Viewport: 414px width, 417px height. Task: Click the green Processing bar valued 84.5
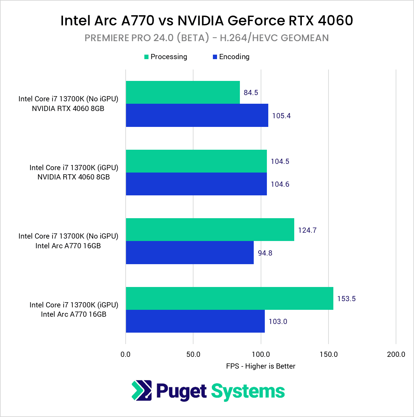click(183, 92)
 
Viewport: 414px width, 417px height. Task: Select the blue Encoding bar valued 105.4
click(197, 115)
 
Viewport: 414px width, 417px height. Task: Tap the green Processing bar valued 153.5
click(229, 298)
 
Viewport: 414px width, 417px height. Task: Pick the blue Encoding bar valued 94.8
click(190, 253)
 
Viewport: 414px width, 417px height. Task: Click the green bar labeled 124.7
click(210, 230)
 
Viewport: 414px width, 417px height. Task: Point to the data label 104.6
click(280, 184)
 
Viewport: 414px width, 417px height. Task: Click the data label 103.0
click(278, 322)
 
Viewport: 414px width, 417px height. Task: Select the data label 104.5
click(280, 161)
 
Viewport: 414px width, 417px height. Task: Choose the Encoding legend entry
click(231, 57)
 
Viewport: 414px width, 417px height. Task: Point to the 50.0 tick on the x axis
click(193, 354)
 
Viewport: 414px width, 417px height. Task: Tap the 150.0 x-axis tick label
click(328, 354)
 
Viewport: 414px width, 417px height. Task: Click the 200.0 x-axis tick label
click(396, 354)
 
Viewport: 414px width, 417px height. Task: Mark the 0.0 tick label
click(126, 354)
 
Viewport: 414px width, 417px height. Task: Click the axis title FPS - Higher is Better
click(261, 366)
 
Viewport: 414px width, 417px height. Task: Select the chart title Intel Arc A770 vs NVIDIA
click(207, 21)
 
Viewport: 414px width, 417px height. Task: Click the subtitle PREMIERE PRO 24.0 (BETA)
click(207, 38)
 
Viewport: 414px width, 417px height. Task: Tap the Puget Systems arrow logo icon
click(142, 391)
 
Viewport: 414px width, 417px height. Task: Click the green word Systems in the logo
click(248, 391)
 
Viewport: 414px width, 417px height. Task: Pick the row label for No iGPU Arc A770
click(68, 241)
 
